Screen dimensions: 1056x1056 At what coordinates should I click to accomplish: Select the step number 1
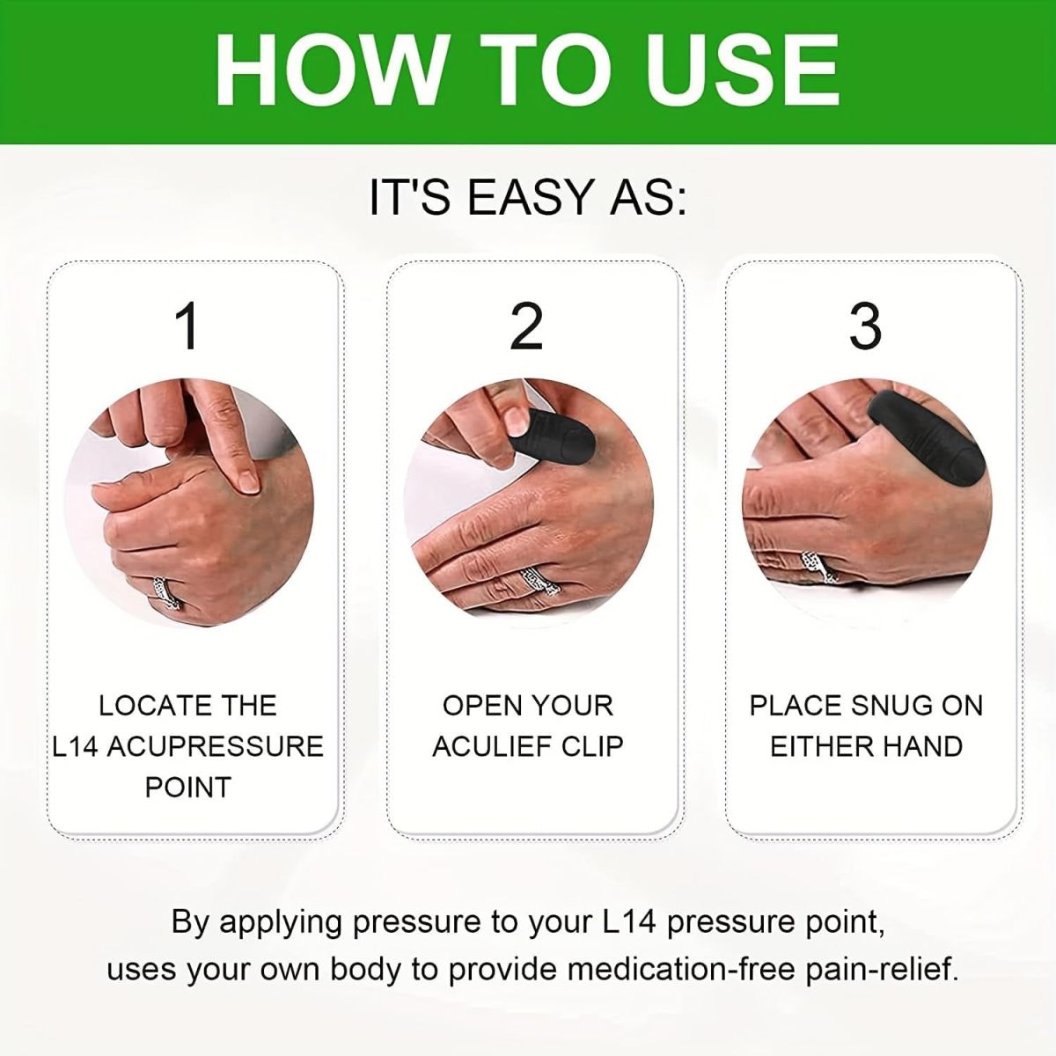click(x=187, y=326)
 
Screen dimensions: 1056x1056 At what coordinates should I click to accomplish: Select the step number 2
click(x=526, y=326)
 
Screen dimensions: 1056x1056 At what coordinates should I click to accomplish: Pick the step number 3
click(x=865, y=326)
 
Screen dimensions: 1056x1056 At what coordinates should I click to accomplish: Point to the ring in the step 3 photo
click(x=818, y=568)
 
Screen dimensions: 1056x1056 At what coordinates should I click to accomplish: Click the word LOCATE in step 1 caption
click(x=144, y=706)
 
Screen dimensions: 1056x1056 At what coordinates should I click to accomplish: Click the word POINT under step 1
click(x=187, y=787)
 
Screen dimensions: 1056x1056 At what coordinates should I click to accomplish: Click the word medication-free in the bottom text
click(x=681, y=970)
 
